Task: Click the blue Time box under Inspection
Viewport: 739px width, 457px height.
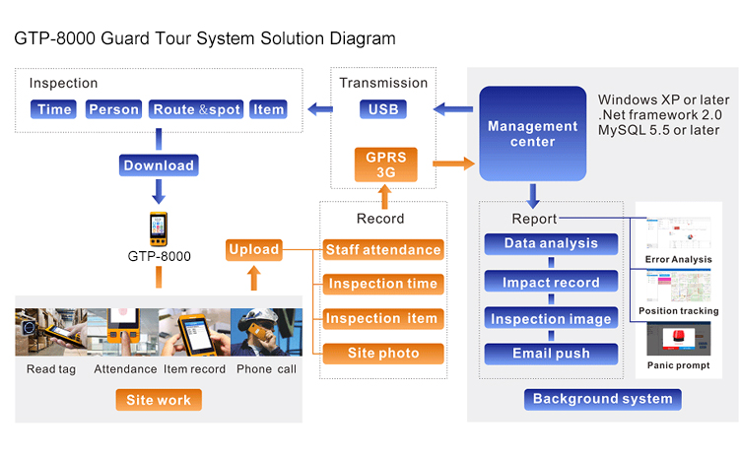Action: click(x=54, y=109)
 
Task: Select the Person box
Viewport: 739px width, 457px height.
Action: click(x=114, y=109)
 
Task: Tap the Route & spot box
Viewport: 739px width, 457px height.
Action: click(x=196, y=109)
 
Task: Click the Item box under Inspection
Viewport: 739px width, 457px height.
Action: click(x=268, y=109)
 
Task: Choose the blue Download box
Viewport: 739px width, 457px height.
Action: click(x=158, y=165)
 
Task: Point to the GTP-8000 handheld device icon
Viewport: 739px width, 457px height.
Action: click(x=158, y=229)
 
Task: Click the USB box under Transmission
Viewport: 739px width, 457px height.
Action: click(x=382, y=109)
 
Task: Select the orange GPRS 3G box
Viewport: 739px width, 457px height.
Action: click(x=382, y=165)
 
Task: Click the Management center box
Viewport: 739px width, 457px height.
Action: click(x=532, y=134)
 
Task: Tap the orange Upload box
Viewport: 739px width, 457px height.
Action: click(x=254, y=250)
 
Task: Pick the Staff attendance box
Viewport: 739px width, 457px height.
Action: click(x=382, y=250)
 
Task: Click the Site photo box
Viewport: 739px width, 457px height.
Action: click(x=382, y=354)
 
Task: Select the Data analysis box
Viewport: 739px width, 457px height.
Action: click(x=551, y=243)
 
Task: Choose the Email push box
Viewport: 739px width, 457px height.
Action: click(x=551, y=354)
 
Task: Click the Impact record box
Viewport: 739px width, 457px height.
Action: click(x=551, y=283)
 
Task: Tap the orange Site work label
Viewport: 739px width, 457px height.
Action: click(x=158, y=401)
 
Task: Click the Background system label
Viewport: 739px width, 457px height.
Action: click(x=602, y=399)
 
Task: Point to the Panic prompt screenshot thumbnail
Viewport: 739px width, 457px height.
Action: click(x=678, y=340)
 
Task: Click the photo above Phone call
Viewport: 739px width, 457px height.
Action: click(x=265, y=333)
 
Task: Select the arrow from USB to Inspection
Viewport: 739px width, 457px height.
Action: click(x=319, y=108)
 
